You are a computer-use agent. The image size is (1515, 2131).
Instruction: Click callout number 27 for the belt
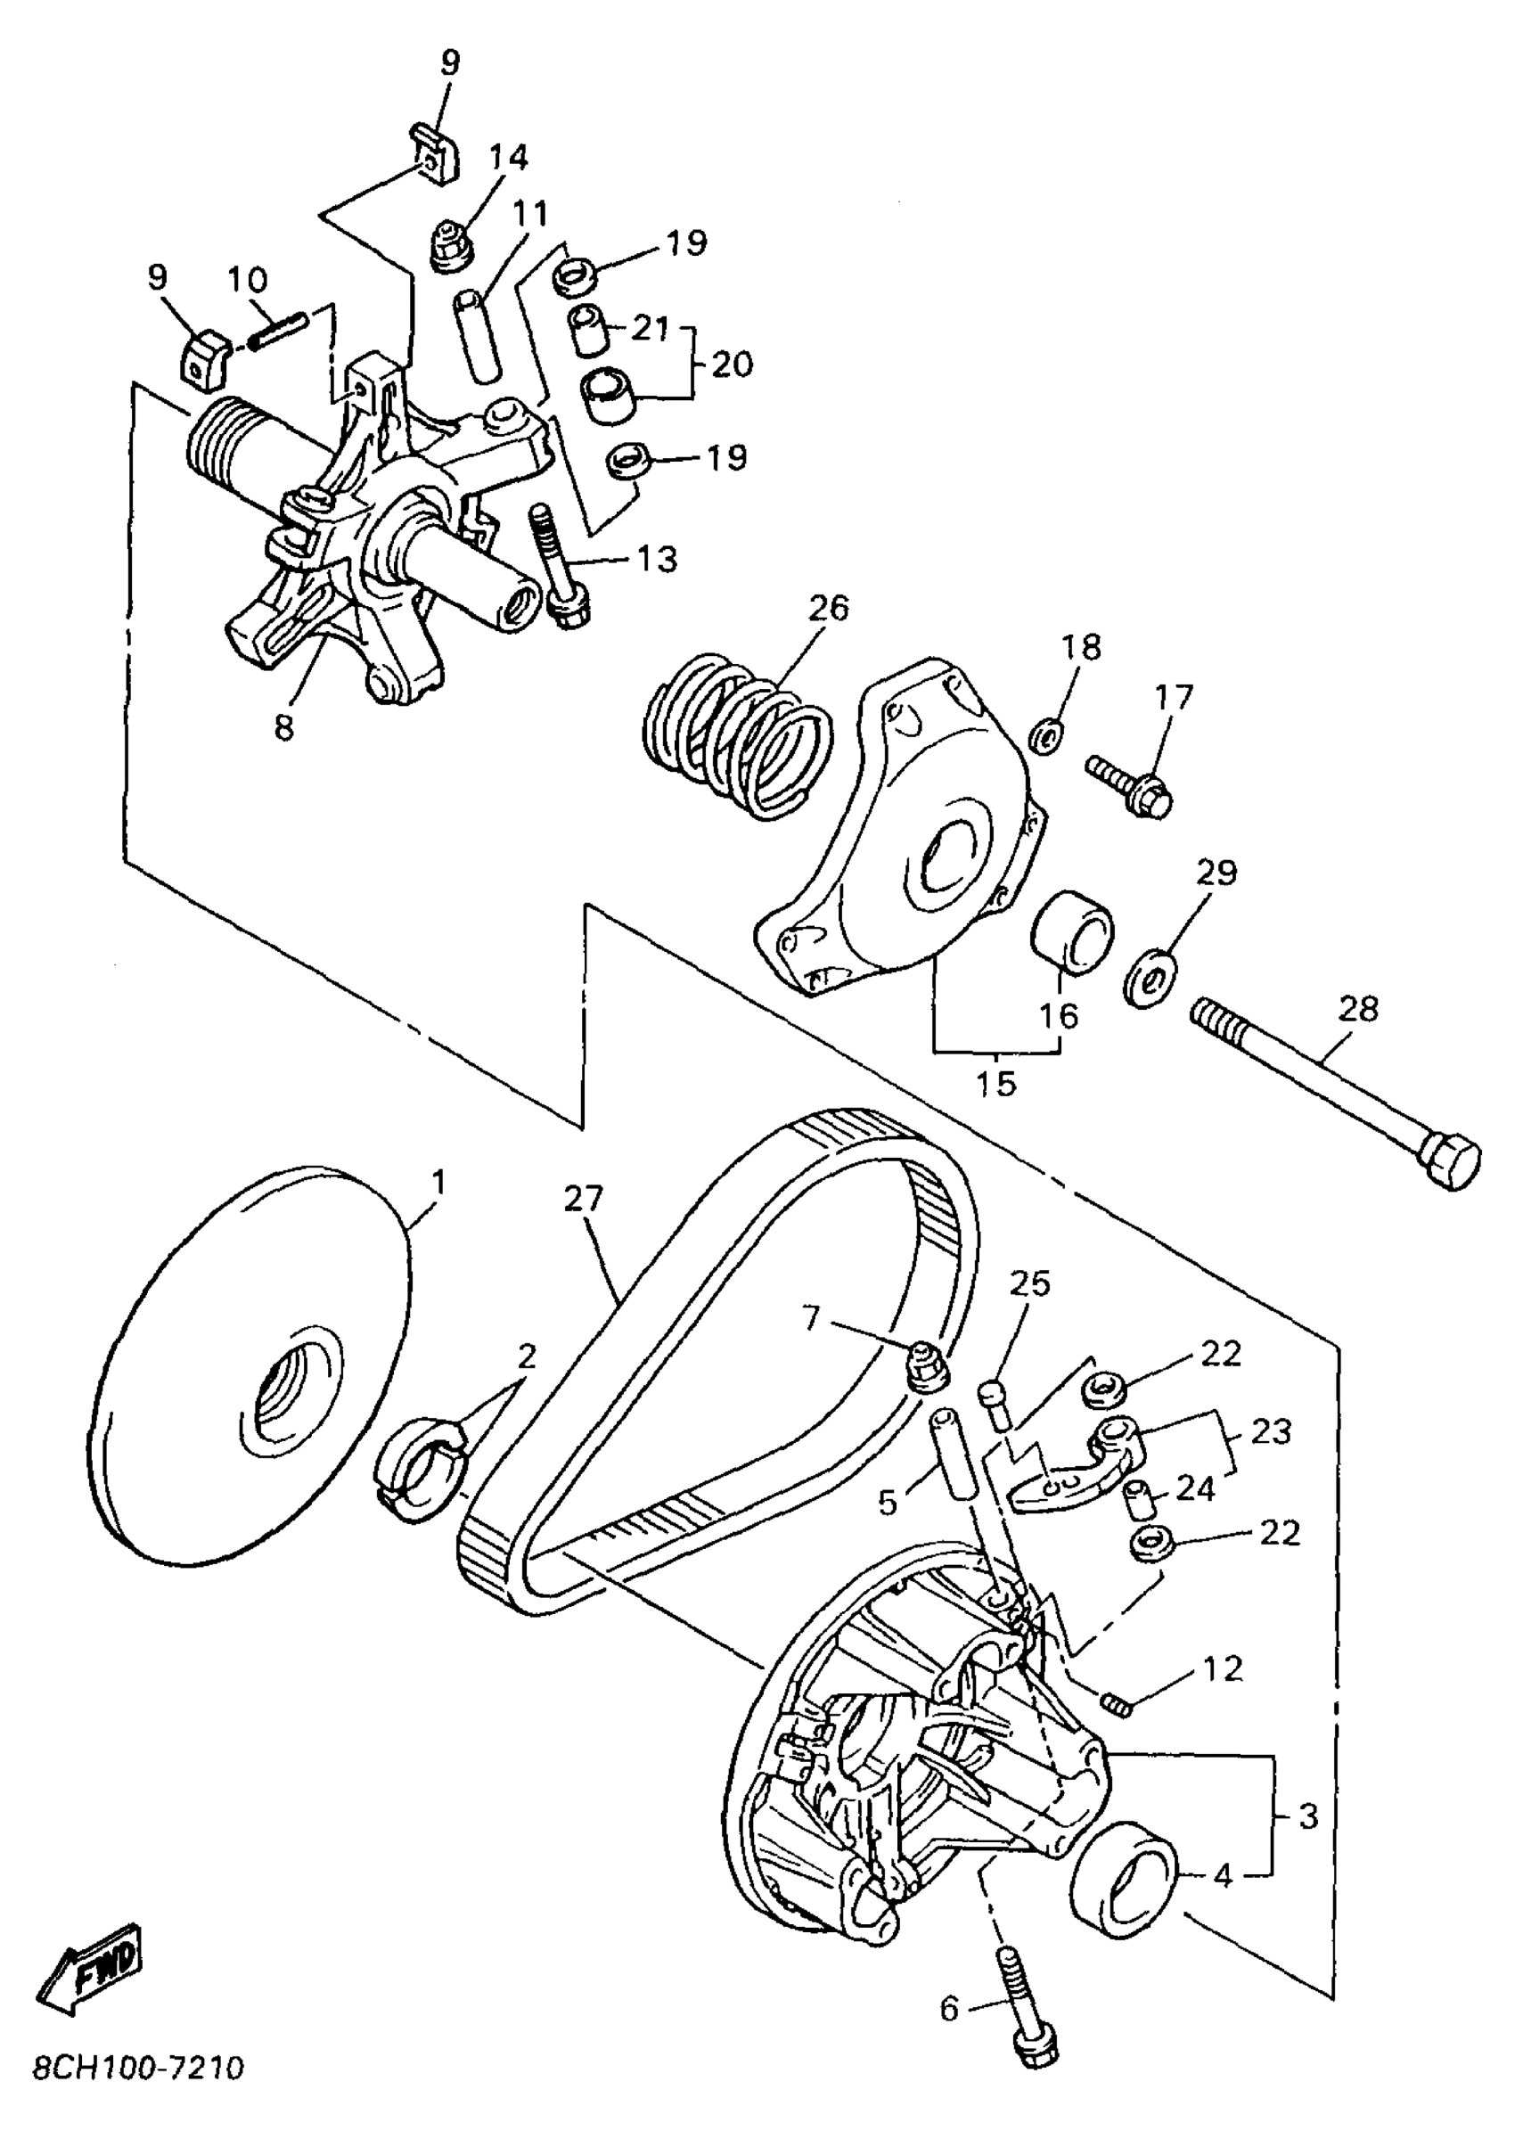583,1198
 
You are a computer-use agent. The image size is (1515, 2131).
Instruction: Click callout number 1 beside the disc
438,1182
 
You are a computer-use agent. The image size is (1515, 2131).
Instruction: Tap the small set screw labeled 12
1117,1705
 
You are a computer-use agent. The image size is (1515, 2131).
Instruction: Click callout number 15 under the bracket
995,1083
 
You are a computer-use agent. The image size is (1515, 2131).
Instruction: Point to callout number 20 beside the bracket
733,364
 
